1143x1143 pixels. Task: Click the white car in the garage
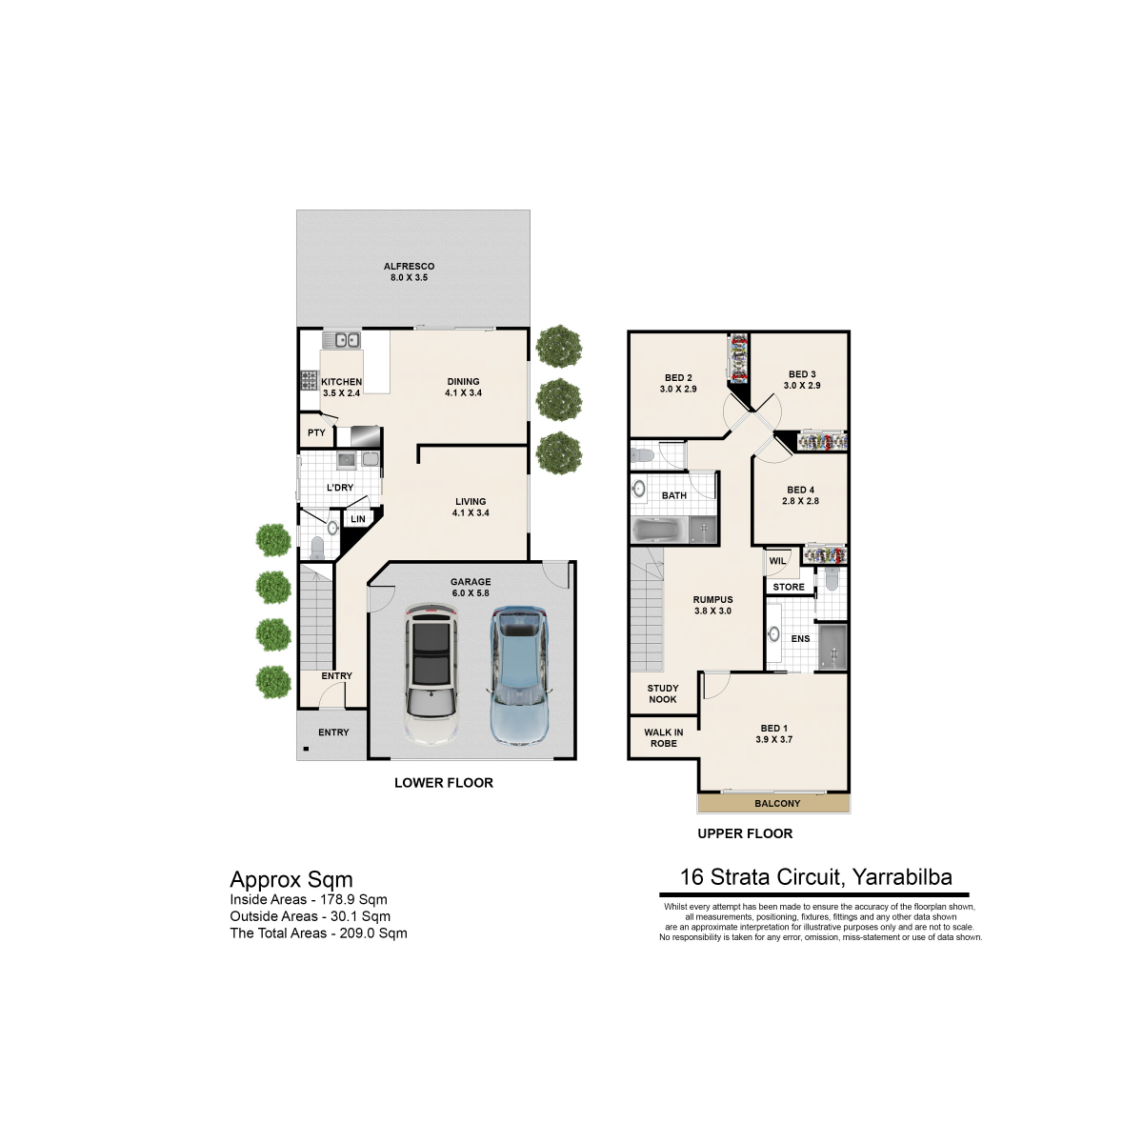tap(431, 675)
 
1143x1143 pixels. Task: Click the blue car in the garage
tap(520, 675)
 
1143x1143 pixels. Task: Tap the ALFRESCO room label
tap(409, 267)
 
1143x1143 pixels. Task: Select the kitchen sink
tap(342, 340)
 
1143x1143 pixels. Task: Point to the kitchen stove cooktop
tap(309, 380)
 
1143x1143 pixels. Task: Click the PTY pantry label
tap(317, 433)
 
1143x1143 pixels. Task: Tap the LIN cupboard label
tap(358, 519)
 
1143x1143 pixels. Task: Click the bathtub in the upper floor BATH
tap(659, 530)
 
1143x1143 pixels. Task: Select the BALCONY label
tap(777, 803)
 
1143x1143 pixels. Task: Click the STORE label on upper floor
tap(789, 587)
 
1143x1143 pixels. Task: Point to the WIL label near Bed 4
tap(777, 560)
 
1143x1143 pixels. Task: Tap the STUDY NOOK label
tap(663, 693)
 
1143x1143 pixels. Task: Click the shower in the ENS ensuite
tap(832, 647)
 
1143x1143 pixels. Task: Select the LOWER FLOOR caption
tap(444, 783)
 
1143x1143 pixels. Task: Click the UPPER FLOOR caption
tap(745, 833)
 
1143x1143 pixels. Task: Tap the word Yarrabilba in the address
tap(902, 877)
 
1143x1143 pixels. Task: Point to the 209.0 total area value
tap(357, 933)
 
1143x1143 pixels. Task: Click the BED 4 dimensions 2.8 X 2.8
tap(800, 501)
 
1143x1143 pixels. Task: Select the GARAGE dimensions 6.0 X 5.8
tap(471, 592)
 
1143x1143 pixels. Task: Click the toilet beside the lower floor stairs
tap(317, 548)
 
